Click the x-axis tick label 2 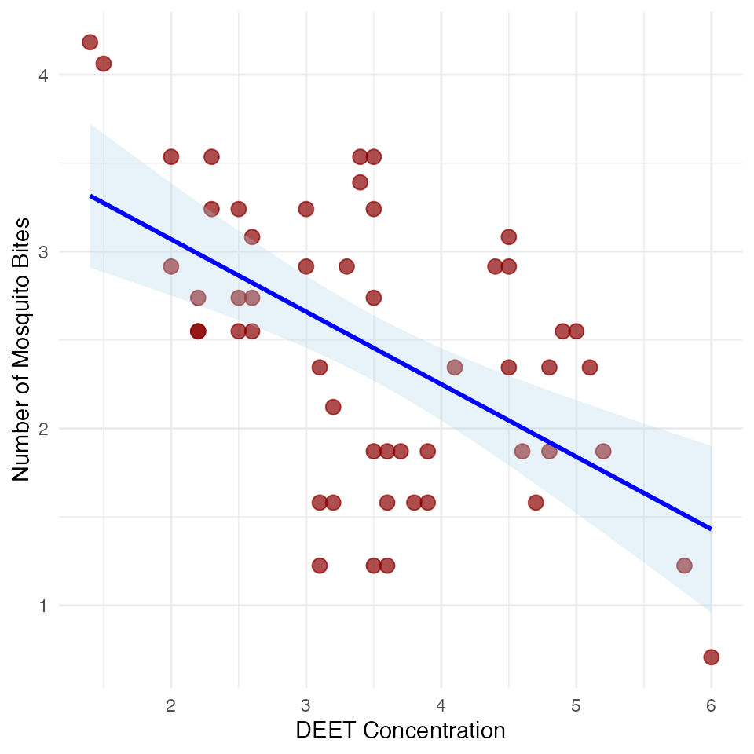(170, 705)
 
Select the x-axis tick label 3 (306, 705)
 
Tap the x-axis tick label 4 (441, 705)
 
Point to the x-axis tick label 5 (576, 705)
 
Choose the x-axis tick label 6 (712, 705)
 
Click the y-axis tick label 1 (43, 606)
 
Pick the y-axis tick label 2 (43, 429)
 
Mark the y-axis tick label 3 (43, 252)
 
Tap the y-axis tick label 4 (43, 75)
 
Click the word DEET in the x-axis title (326, 730)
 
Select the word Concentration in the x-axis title (434, 730)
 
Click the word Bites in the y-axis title (21, 241)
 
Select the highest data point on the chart (90, 42)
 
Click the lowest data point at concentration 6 (712, 657)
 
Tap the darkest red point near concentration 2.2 (198, 331)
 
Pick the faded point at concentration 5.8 (684, 565)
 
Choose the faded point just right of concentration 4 (455, 368)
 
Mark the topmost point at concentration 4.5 (509, 237)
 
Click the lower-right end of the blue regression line (711, 529)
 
